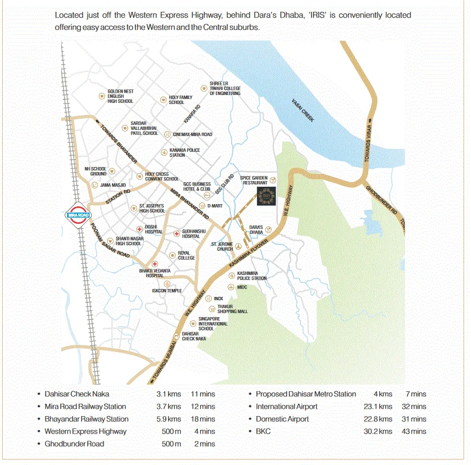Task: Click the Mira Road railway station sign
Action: click(x=77, y=214)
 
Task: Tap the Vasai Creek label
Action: click(x=303, y=110)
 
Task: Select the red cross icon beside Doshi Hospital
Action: click(x=140, y=229)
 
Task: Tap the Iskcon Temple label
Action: click(x=167, y=291)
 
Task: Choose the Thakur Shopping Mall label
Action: click(x=233, y=309)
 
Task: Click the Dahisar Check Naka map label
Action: click(x=194, y=336)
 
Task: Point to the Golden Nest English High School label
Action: click(x=120, y=96)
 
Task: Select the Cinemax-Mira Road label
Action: click(x=193, y=134)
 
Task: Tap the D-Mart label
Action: click(x=215, y=206)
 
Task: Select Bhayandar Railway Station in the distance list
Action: click(x=87, y=419)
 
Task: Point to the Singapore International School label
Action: click(x=212, y=324)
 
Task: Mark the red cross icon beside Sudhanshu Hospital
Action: click(x=176, y=233)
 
